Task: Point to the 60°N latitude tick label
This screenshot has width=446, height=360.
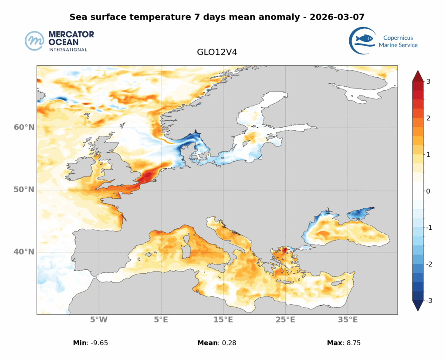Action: click(24, 127)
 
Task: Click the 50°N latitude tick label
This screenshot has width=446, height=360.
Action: click(24, 190)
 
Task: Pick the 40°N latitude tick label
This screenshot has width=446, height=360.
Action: click(24, 252)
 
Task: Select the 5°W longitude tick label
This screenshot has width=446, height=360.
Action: click(99, 319)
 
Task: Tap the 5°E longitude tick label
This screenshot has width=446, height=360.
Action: click(162, 319)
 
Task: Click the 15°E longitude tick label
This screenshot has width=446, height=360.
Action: click(223, 319)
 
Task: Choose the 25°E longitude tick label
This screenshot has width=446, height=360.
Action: click(285, 319)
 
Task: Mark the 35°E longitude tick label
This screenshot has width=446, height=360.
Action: click(348, 319)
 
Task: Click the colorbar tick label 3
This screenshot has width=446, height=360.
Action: click(429, 82)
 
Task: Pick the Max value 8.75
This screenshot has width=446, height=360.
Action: click(352, 343)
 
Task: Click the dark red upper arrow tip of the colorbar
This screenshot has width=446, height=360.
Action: click(418, 74)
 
